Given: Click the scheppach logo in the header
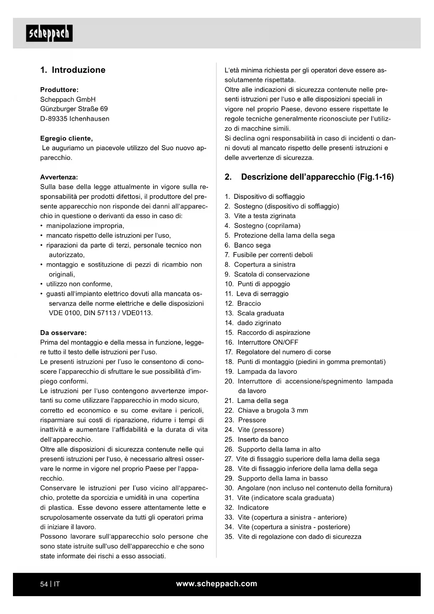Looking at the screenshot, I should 49,33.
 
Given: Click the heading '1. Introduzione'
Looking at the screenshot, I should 73,70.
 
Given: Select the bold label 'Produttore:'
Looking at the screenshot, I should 59,90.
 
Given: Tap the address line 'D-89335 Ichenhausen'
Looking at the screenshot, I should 74,119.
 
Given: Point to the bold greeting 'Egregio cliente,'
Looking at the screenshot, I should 66,138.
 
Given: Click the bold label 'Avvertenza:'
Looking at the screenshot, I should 59,177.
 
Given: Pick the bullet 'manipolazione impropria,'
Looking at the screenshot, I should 85,226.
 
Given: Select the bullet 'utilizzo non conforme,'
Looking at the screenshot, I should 79,284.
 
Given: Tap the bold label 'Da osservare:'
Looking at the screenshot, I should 63,333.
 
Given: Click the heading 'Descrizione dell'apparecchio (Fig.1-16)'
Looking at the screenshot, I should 317,177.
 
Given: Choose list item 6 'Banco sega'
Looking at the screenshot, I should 252,245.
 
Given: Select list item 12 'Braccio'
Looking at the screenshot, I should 249,303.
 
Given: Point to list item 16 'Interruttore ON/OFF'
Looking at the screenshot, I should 268,342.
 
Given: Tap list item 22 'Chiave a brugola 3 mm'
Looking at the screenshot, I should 272,410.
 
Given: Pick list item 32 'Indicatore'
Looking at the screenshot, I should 253,508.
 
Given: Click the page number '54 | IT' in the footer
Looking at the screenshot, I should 50,584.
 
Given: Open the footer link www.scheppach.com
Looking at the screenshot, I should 216,584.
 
